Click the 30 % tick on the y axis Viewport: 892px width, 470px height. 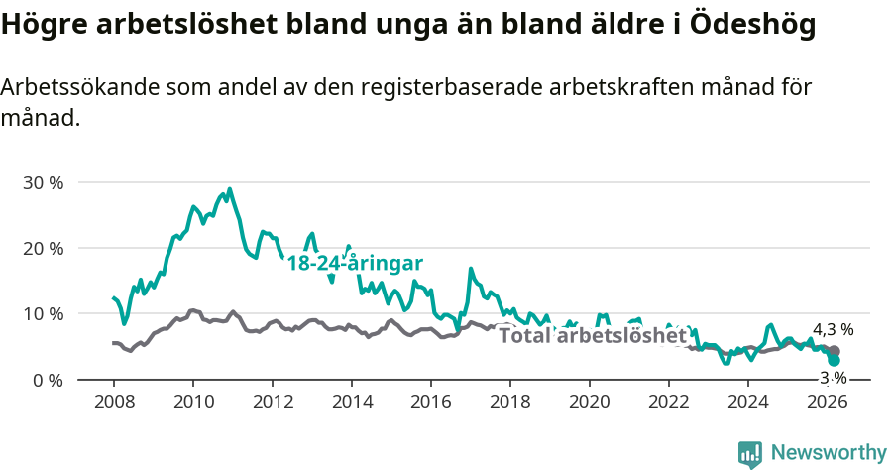pos(43,182)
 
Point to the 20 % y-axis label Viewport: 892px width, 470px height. pos(43,248)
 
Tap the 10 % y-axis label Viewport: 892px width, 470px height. pos(43,313)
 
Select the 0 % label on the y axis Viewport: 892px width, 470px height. pos(48,379)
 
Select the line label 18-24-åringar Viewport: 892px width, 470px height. pos(355,263)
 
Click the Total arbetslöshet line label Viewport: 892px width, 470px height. pos(593,335)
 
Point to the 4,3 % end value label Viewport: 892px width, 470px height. pos(834,329)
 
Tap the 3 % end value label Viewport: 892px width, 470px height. pos(834,378)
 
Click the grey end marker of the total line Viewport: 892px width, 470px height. pos(835,351)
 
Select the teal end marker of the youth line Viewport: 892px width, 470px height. pos(835,360)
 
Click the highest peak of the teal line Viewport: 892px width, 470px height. pos(230,189)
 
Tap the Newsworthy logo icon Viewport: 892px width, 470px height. pos(750,454)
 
